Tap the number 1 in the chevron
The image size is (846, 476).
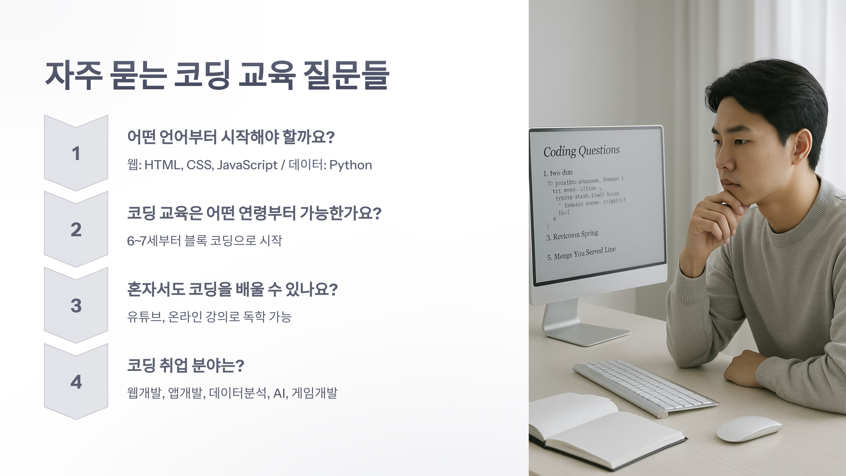(76, 153)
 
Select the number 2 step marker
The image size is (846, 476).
(76, 230)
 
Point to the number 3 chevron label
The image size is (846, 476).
(76, 306)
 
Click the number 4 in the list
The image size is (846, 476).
(76, 382)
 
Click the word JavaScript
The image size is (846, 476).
(247, 165)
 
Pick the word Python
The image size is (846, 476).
(350, 165)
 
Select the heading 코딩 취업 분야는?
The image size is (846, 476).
(185, 365)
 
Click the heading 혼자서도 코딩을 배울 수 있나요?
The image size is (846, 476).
(232, 289)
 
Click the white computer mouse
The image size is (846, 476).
(749, 428)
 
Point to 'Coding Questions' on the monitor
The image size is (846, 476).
(581, 151)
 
